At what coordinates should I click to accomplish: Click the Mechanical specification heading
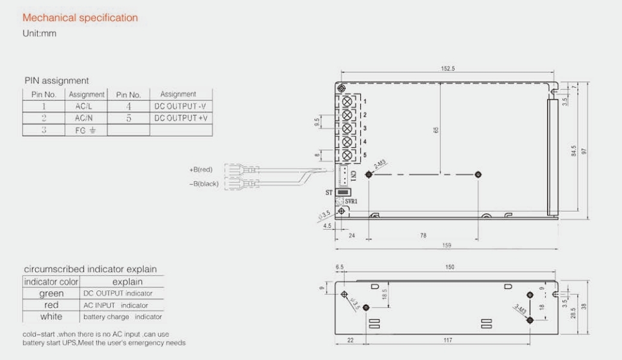tap(80, 18)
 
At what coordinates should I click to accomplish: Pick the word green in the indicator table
tap(51, 294)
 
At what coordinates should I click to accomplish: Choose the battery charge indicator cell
tap(121, 316)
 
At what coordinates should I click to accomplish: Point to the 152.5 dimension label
tap(447, 68)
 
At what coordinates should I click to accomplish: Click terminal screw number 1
tap(347, 101)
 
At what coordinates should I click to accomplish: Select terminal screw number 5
tap(347, 155)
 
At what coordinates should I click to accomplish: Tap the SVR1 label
tap(352, 202)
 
